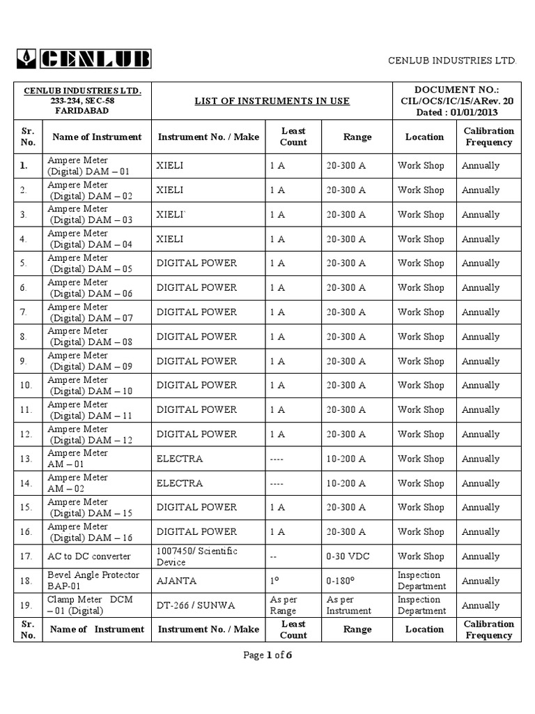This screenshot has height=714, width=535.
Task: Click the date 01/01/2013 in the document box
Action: point(475,112)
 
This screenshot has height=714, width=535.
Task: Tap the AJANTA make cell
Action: point(176,581)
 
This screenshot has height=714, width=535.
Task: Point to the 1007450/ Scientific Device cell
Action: point(197,556)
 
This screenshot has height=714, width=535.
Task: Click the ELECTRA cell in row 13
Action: point(180,459)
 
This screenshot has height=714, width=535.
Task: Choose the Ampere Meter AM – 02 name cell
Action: point(77,483)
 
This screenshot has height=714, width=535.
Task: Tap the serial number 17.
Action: point(27,556)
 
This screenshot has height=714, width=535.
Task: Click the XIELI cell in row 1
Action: point(170,166)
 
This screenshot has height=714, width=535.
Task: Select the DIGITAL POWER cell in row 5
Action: point(196,264)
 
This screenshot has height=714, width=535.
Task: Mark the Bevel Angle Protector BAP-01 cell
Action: point(93,581)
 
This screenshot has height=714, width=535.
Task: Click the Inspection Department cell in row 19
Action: point(421,605)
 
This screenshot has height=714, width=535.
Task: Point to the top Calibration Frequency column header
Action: point(488,137)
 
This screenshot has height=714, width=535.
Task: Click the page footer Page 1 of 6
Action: point(267,655)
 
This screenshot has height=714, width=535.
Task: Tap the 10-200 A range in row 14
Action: point(346,483)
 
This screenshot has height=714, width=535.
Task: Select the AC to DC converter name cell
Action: point(89,556)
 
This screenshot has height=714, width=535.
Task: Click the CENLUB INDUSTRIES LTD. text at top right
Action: point(452,61)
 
